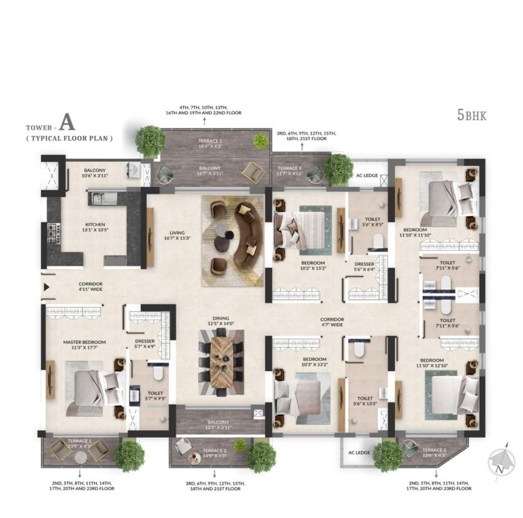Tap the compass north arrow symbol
coord(501,464)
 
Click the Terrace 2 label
coord(215,452)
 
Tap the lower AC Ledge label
coord(358,453)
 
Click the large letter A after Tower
coord(66,123)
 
